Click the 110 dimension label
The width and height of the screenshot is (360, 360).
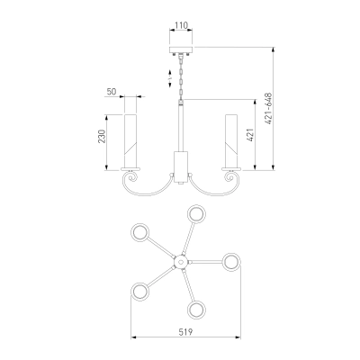click(181, 25)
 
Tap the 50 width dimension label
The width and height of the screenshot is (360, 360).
click(112, 92)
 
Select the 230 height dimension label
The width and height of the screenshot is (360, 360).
click(103, 137)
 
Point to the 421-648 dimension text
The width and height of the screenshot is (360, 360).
click(268, 109)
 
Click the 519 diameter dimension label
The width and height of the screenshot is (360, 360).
click(185, 332)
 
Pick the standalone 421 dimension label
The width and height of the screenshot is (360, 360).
click(251, 135)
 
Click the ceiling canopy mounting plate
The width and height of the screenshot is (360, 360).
click(181, 50)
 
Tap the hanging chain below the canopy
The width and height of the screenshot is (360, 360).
click(181, 77)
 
